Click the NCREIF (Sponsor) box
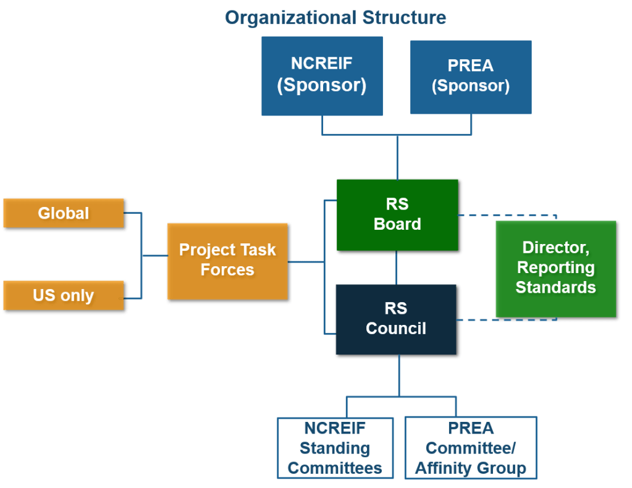(x=321, y=75)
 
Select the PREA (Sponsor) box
(x=471, y=77)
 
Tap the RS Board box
(x=397, y=214)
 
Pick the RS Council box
(x=396, y=319)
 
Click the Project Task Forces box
(x=227, y=260)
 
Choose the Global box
(x=64, y=214)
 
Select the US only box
(x=64, y=295)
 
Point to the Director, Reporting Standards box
(x=555, y=268)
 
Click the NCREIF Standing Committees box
(x=335, y=448)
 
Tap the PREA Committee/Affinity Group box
(x=470, y=448)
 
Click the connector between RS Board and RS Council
(x=397, y=267)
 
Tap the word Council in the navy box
(x=396, y=329)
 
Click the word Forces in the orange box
(x=227, y=270)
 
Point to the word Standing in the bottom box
(x=335, y=448)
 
